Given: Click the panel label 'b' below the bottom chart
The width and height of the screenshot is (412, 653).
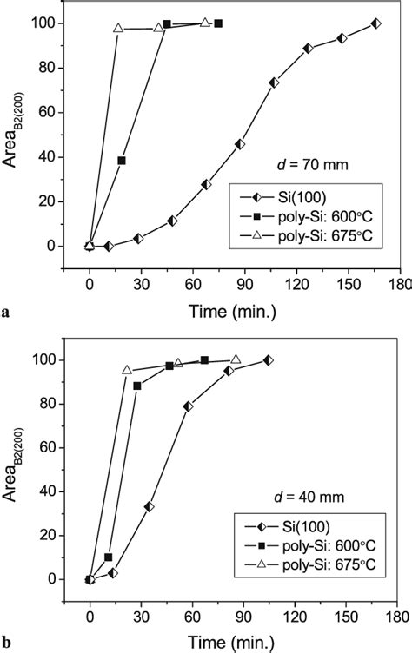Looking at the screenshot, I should pos(7,644).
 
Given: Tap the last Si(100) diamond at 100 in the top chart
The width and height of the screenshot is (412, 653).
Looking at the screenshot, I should pos(375,23).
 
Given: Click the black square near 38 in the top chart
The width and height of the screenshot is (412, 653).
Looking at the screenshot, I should pos(122,161).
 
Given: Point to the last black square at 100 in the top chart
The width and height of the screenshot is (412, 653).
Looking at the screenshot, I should pos(218,23).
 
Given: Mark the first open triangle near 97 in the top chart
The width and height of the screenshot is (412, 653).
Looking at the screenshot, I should pos(118,29).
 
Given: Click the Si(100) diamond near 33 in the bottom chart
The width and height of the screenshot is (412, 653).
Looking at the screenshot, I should pos(150,506).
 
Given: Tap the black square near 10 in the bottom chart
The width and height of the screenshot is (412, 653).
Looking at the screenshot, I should pos(109,557).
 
